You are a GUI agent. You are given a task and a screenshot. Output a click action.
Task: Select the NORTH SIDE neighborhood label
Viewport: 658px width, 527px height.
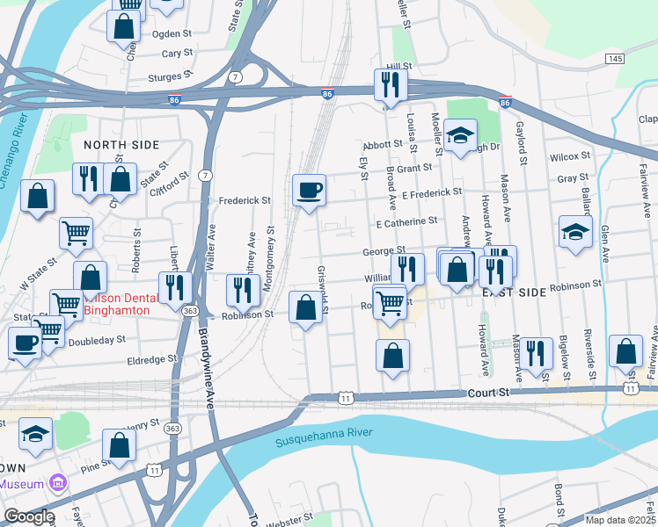point(121,144)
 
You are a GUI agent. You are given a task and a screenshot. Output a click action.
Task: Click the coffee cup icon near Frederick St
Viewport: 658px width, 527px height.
point(309,190)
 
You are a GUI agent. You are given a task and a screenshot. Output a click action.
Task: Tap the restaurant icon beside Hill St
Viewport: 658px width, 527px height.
point(389,85)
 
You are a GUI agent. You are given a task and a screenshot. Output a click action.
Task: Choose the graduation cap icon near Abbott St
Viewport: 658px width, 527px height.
point(459,136)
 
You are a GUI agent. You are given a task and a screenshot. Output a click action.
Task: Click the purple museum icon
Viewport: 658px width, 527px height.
point(59,483)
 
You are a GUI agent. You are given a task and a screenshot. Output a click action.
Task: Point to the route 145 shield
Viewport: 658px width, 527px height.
point(615,58)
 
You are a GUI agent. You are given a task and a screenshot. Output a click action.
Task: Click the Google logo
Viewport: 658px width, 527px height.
point(28,516)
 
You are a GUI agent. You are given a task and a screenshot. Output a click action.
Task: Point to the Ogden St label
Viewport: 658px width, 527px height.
point(172,33)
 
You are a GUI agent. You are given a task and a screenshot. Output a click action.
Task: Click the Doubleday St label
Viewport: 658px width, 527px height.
point(96,340)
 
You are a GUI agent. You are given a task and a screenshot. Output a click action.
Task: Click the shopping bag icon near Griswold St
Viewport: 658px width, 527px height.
point(305,308)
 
